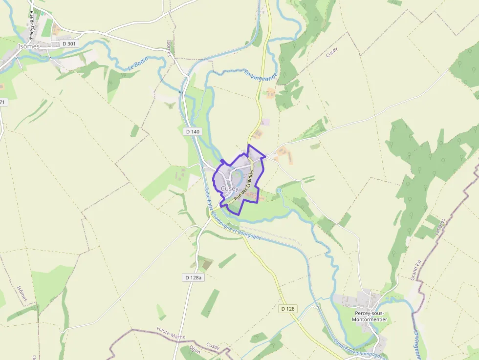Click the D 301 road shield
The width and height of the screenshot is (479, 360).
click(x=70, y=44)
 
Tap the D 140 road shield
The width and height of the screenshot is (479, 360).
click(x=193, y=131)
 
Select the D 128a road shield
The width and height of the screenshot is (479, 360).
click(x=194, y=277)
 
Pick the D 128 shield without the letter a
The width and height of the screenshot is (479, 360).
click(x=288, y=309)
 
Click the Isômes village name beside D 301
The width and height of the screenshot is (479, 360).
click(x=28, y=46)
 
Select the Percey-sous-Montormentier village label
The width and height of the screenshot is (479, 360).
click(x=369, y=316)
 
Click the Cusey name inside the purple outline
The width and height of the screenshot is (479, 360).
click(x=229, y=189)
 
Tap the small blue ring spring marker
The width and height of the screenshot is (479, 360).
click(x=279, y=190)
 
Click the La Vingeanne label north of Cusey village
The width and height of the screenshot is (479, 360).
click(x=261, y=75)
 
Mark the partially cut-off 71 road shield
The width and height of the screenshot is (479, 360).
click(x=2, y=102)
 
